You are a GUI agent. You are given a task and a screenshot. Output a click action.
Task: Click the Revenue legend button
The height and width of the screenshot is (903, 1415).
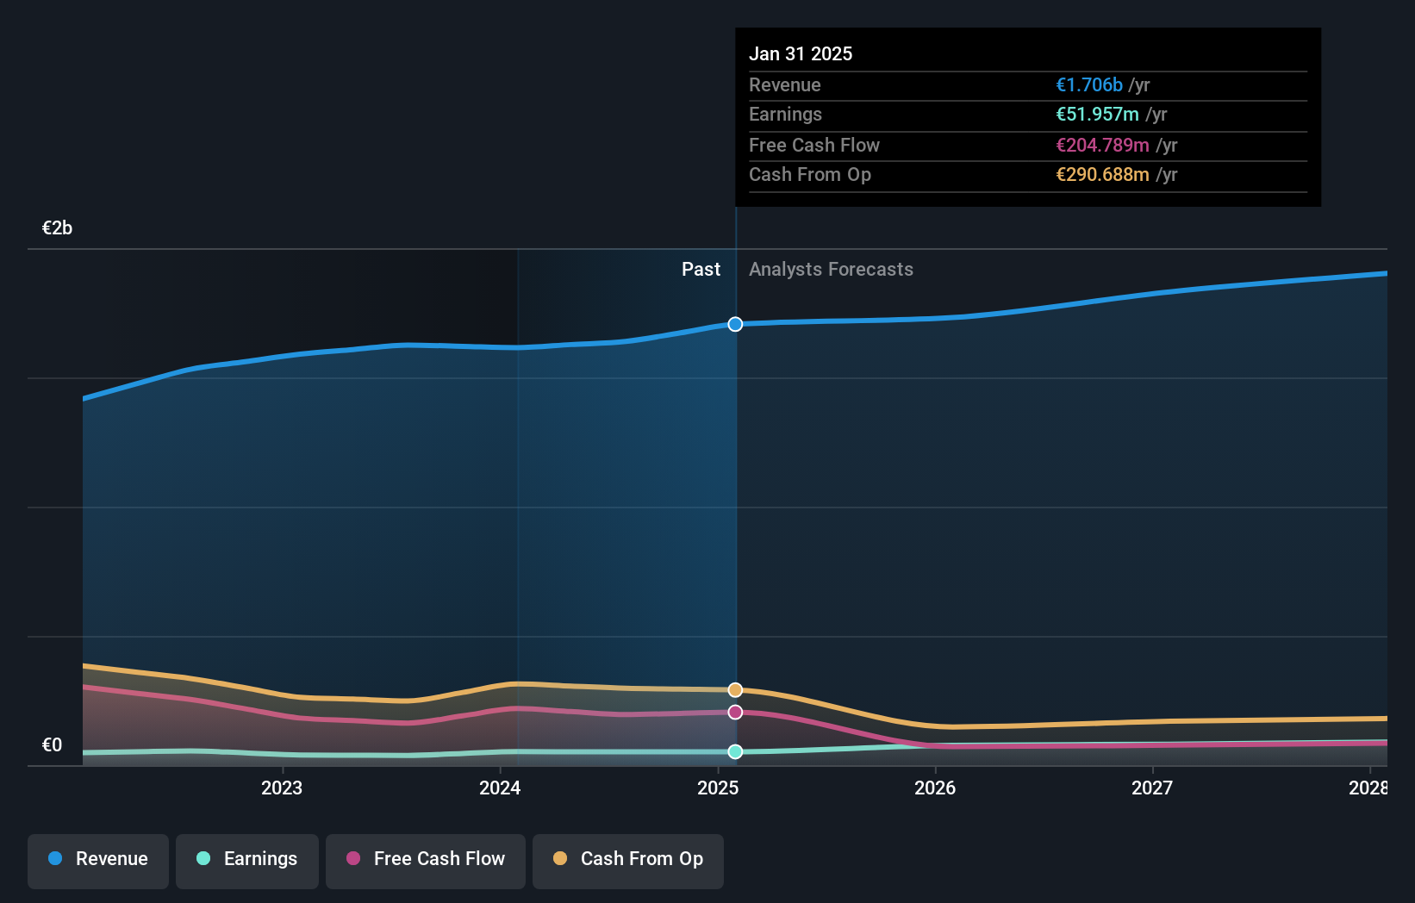98,859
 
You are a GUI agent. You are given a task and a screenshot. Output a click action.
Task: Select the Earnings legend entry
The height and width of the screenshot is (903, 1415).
247,859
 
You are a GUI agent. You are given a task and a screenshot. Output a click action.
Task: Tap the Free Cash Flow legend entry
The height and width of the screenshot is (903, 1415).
426,859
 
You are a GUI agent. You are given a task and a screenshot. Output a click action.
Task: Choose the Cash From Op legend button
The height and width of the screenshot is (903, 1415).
628,859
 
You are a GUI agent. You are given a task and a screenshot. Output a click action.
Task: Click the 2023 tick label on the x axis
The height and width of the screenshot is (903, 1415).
282,788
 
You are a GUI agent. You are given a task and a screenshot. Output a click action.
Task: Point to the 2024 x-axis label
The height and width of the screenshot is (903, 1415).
500,788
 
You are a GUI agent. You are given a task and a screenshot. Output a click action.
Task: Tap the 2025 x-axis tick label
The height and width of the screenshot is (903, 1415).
718,788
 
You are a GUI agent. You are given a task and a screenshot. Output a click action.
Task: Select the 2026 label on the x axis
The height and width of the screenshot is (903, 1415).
935,788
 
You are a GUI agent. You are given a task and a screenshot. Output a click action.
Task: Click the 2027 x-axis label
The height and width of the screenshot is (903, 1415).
1152,788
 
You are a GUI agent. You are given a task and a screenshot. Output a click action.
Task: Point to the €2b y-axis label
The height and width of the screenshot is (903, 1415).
57,228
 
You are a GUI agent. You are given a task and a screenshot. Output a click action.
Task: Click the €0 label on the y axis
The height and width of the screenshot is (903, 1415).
52,745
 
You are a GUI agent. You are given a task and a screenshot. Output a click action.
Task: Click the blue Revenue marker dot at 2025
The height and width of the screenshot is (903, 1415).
735,324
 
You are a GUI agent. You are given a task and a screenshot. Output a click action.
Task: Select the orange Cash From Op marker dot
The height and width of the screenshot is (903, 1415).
735,690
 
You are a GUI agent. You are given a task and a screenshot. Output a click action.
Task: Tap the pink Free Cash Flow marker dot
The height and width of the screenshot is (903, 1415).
735,713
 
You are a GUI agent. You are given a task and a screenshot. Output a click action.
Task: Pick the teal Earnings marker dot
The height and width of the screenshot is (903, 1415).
735,751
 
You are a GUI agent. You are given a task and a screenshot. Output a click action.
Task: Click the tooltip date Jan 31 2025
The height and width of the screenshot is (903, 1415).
800,54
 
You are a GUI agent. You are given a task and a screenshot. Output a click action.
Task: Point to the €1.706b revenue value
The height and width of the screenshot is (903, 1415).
1089,85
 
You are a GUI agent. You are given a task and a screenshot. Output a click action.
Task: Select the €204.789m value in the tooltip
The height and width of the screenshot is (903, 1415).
1102,146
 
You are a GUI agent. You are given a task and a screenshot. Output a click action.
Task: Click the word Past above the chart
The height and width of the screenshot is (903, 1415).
701,270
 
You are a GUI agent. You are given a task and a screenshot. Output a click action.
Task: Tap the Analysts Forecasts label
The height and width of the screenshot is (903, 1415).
831,270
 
